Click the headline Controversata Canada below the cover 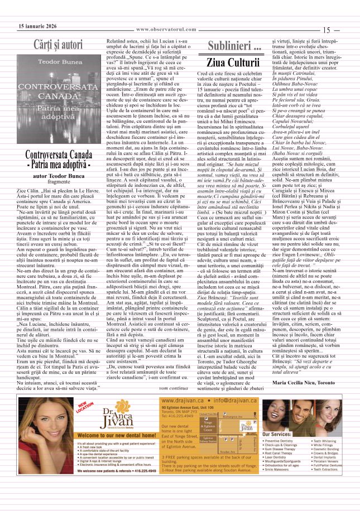pos(59,155)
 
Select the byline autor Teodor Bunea pos(59,175)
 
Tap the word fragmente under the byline pos(59,182)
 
